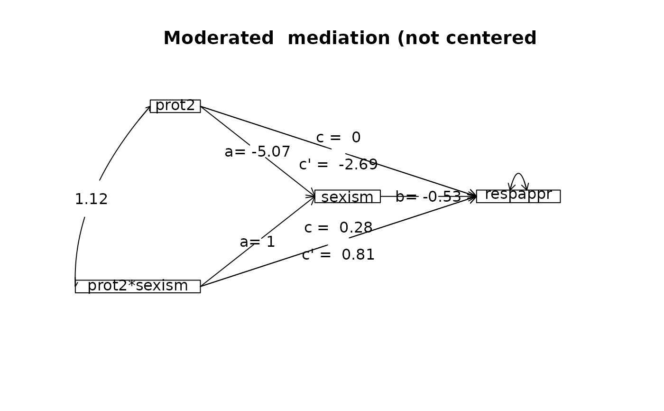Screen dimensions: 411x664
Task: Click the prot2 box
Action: (x=175, y=106)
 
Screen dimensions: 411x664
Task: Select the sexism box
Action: (x=347, y=196)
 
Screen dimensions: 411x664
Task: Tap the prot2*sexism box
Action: (x=138, y=286)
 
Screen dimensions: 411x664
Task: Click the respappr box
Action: (x=518, y=196)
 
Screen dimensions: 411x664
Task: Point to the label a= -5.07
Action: (x=257, y=152)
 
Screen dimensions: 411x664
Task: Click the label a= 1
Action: (x=257, y=242)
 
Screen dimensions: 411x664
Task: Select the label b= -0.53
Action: (x=428, y=197)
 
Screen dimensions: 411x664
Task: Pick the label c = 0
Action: (x=338, y=138)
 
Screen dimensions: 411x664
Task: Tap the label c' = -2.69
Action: (x=338, y=165)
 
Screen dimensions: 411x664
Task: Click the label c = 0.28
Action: (x=338, y=228)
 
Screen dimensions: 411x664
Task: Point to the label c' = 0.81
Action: (x=338, y=255)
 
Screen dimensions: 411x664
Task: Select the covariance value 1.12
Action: (x=91, y=199)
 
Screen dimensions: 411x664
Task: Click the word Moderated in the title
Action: (x=219, y=38)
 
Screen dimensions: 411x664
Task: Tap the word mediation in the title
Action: (x=339, y=38)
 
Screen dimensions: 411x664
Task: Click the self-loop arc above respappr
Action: (x=518, y=174)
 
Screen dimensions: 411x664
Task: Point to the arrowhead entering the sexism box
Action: (x=312, y=195)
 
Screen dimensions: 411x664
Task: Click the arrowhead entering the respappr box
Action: (x=473, y=196)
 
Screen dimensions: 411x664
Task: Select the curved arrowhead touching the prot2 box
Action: (x=148, y=108)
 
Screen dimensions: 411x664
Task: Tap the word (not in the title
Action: (x=418, y=38)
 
